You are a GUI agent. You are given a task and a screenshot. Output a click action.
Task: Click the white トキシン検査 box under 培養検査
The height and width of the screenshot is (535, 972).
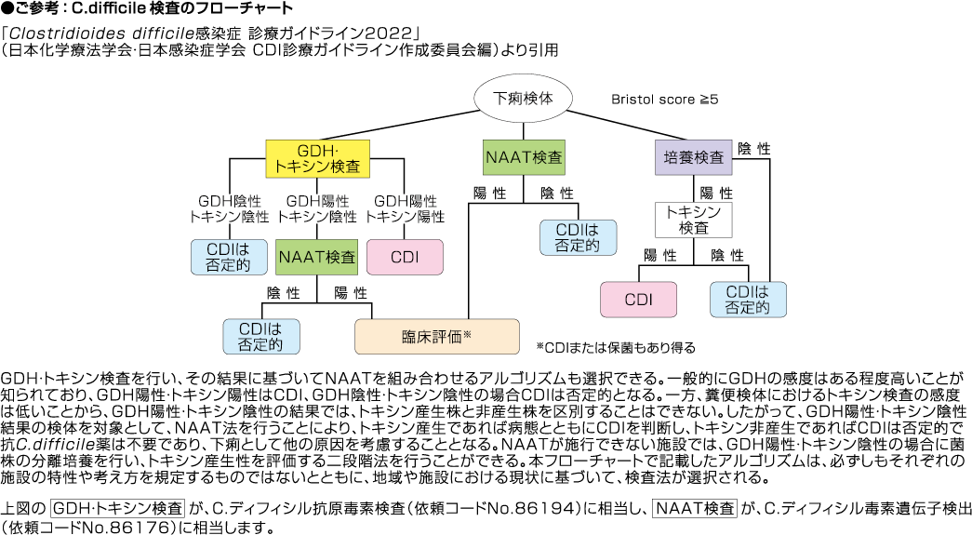694,220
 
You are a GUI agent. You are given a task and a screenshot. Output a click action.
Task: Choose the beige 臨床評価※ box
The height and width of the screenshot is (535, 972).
437,336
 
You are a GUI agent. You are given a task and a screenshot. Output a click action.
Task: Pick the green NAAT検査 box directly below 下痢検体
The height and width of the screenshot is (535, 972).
524,157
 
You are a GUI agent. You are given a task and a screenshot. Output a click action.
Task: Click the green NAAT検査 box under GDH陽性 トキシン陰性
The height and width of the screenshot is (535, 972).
317,256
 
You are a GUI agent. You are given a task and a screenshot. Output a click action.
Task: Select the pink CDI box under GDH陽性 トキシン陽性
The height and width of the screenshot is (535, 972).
406,256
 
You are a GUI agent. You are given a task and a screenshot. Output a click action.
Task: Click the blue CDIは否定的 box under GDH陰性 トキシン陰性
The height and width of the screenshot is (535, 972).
229,256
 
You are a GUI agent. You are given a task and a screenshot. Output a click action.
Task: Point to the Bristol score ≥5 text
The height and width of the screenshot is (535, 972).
663,98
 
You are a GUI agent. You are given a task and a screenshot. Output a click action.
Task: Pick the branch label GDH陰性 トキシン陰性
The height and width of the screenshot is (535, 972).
229,207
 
